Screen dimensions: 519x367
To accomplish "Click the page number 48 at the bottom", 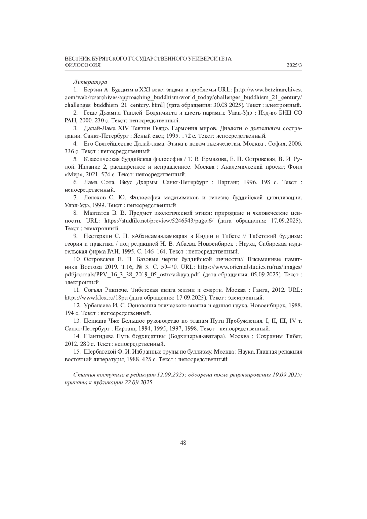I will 183,443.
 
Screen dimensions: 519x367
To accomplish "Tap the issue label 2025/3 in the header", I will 294,65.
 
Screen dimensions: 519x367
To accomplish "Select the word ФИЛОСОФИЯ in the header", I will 83,65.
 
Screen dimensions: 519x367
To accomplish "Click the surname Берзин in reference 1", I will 93,90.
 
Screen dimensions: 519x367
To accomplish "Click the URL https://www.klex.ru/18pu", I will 96,298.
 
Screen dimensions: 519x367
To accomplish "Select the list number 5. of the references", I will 75,159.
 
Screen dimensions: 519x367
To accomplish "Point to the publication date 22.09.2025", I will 138,383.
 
